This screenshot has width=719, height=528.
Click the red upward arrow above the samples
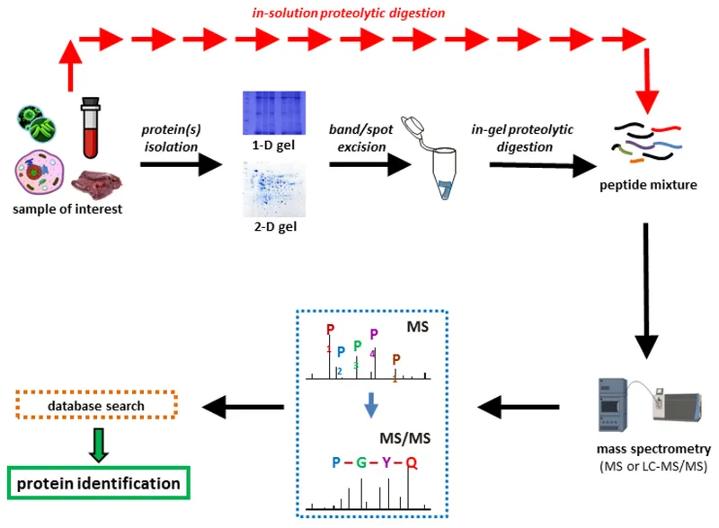(x=70, y=65)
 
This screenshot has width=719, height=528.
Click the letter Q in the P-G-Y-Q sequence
(x=412, y=462)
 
